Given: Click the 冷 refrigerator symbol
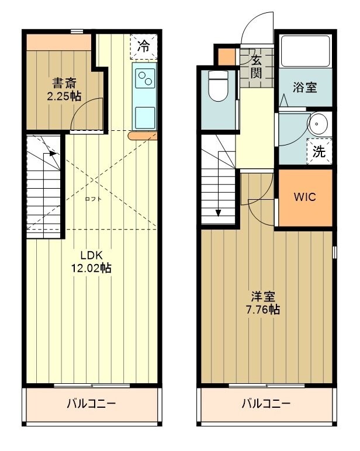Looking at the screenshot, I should pos(143,44).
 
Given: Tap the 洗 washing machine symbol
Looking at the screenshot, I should pos(319,152).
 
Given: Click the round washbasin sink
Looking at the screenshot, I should pos(319,124).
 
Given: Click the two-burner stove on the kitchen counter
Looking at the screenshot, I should pos(145,78).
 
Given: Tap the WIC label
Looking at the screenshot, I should pos(304,197).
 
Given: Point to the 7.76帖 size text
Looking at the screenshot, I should pos(262,310).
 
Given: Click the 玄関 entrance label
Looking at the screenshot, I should pos(257,65).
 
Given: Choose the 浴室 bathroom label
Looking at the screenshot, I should pos(304,88).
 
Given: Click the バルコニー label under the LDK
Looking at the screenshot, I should pos(91,404).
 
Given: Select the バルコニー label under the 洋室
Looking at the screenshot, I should pos(266,404).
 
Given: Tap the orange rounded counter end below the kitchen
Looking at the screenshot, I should pos(143,136).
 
